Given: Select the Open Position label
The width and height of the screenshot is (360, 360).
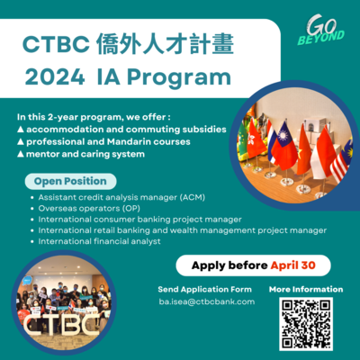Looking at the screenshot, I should pos(70,181).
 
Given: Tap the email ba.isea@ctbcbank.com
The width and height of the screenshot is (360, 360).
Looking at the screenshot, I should pos(205,301).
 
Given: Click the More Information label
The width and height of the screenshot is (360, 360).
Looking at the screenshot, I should pos(306,289).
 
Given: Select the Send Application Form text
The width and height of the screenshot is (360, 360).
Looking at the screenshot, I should pos(205,289).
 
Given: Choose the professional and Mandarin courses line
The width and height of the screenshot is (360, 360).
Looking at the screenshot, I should pos(107,142).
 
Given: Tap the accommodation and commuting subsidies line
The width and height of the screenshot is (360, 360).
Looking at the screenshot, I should pos(122,130).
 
